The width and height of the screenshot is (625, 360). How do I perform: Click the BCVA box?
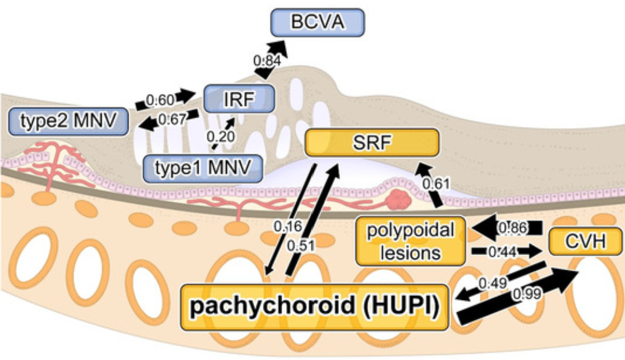point(317,23)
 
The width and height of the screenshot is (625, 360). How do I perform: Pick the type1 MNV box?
point(203,168)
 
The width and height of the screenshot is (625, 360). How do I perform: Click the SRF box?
point(371,142)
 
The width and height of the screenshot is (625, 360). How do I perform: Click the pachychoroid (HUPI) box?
point(315,307)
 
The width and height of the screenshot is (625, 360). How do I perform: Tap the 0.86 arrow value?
point(511,227)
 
